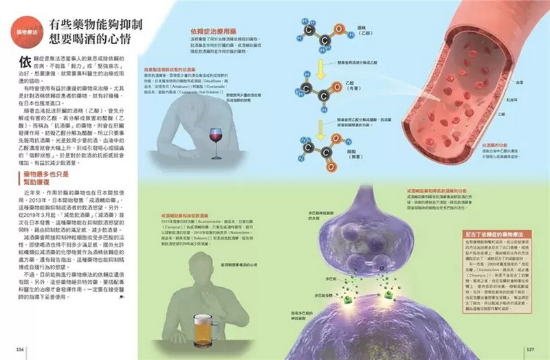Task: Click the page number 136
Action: click(20, 349)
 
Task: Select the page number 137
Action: click(530, 349)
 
